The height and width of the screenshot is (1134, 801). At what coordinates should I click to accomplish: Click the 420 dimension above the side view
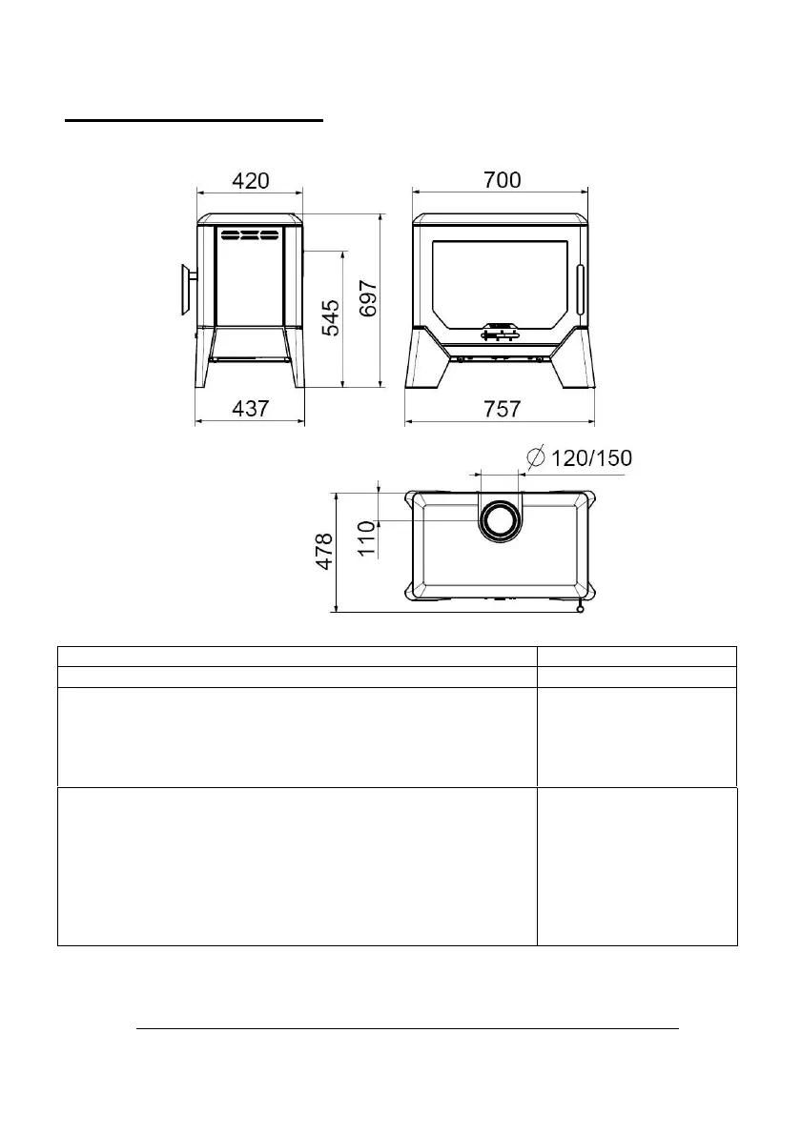[x=251, y=180]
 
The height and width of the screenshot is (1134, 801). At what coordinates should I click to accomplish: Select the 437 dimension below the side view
[x=251, y=409]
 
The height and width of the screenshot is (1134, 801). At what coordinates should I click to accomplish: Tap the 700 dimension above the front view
[x=503, y=179]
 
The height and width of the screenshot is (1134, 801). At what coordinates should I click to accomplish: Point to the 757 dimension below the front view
[x=503, y=409]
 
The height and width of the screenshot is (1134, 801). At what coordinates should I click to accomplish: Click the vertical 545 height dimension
[x=330, y=318]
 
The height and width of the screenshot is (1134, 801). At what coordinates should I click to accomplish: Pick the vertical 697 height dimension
[x=368, y=298]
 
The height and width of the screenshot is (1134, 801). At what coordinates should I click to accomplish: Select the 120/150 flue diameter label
[x=592, y=457]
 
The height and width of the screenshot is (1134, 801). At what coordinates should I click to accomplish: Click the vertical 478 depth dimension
[x=324, y=551]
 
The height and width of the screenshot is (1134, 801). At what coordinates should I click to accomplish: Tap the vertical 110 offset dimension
[x=367, y=538]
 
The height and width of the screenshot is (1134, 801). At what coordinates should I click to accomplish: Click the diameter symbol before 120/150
[x=536, y=457]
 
